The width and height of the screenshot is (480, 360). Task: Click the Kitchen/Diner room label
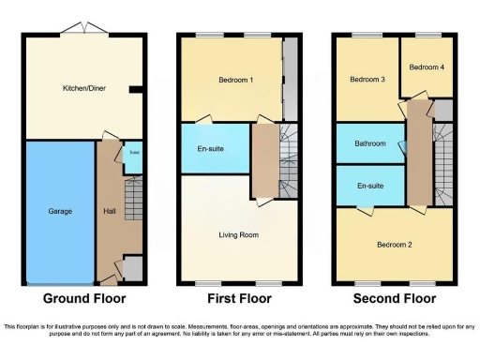[x=83, y=89]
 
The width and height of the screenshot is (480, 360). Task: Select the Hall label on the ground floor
[x=110, y=212]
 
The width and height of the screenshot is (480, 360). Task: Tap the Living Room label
[x=239, y=234]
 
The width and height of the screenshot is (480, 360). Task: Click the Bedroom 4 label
[x=426, y=67]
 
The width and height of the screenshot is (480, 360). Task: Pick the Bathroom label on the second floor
[x=370, y=143]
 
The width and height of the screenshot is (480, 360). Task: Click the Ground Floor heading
[x=85, y=299]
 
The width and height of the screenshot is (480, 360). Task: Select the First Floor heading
[x=238, y=299]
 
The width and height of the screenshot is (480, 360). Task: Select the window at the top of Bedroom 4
[x=427, y=36]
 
